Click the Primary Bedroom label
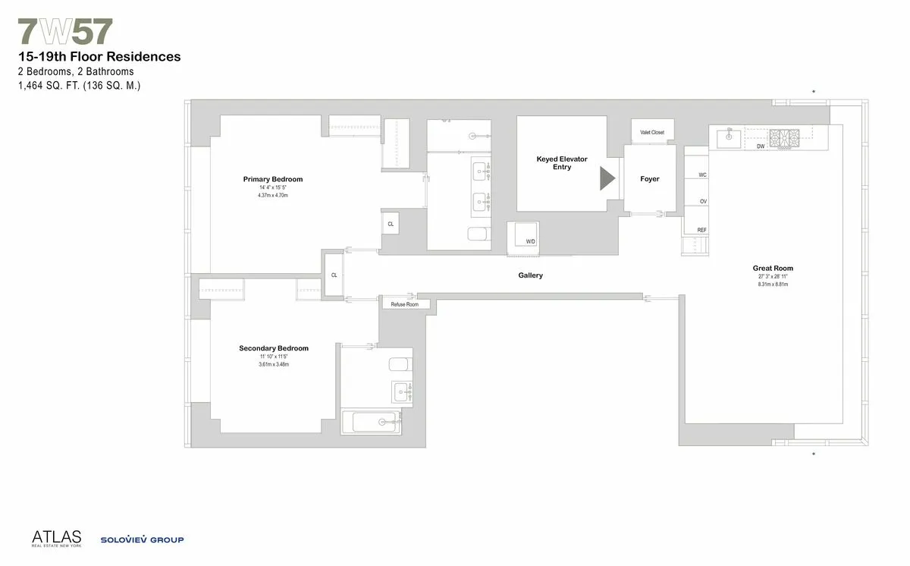tap(273, 179)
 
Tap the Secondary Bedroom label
tap(274, 348)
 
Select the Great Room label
tap(773, 268)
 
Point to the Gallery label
tap(531, 275)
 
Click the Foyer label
tap(650, 179)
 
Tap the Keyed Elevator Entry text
tap(562, 163)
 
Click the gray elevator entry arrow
tap(607, 178)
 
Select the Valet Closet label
tap(652, 133)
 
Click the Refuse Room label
tap(404, 304)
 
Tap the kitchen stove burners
tap(785, 138)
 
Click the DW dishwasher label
tap(761, 146)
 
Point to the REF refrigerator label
tap(701, 229)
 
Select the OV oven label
tap(703, 201)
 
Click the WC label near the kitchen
tap(703, 175)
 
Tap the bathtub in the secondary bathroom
tap(371, 422)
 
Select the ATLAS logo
tap(56, 537)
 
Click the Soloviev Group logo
tap(142, 540)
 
